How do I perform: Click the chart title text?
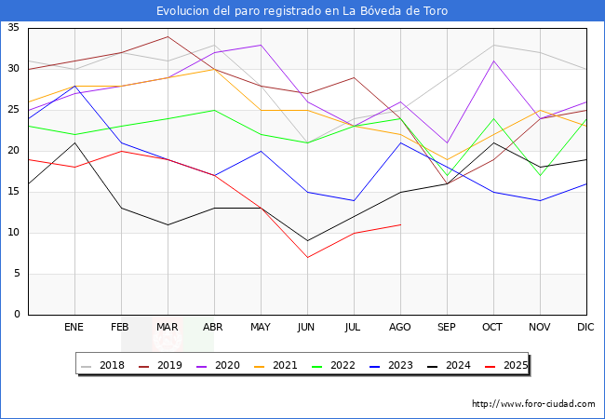(x=302, y=11)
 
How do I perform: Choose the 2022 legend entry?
(x=337, y=365)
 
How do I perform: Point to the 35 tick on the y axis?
(x=14, y=28)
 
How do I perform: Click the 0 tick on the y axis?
(x=17, y=315)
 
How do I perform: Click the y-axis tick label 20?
(x=14, y=151)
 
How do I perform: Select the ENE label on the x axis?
(x=74, y=328)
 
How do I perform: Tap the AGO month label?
(x=400, y=328)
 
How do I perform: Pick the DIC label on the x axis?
(x=585, y=328)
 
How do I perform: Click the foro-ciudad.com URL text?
(x=533, y=404)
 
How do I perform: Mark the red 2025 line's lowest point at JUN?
(x=307, y=257)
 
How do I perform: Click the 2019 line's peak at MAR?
(x=168, y=36)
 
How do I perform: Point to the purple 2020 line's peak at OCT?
(x=493, y=61)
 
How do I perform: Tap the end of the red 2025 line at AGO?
(x=400, y=224)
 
